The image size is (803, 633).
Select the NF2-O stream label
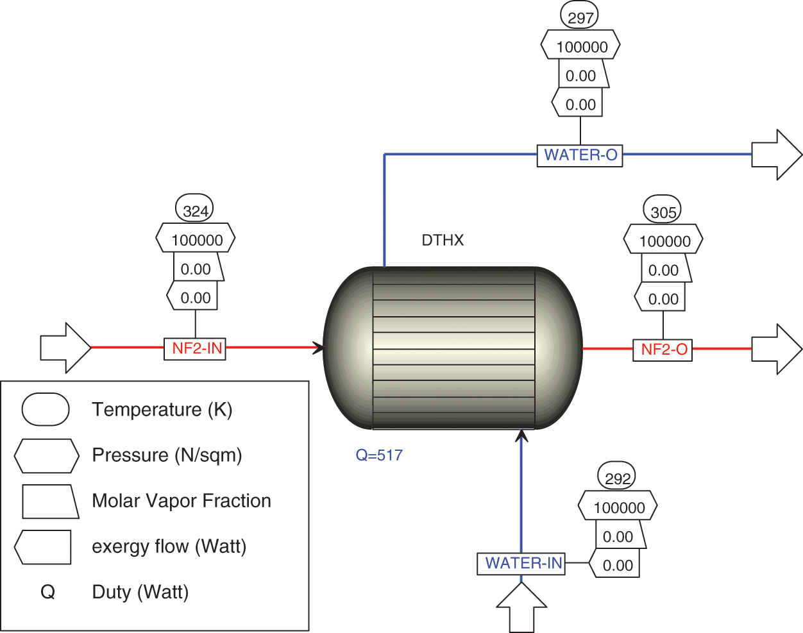tap(663, 350)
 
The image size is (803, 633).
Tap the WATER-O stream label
tap(580, 155)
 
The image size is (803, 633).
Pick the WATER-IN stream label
tap(521, 563)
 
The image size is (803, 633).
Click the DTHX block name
tap(443, 241)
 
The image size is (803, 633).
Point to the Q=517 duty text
tap(379, 455)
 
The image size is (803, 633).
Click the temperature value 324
tap(195, 211)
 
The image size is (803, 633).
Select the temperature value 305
tap(663, 212)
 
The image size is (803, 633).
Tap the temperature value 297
tap(580, 17)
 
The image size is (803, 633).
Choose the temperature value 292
tap(617, 478)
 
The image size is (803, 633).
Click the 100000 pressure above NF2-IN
tap(196, 241)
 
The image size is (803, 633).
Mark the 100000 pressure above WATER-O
tap(581, 47)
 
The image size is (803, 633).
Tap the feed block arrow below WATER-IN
tap(521, 608)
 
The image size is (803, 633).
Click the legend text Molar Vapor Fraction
tap(182, 500)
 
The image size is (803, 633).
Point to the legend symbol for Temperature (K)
tap(46, 409)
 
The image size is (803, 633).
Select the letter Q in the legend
tap(48, 591)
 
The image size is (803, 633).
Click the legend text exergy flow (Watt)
tap(169, 546)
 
